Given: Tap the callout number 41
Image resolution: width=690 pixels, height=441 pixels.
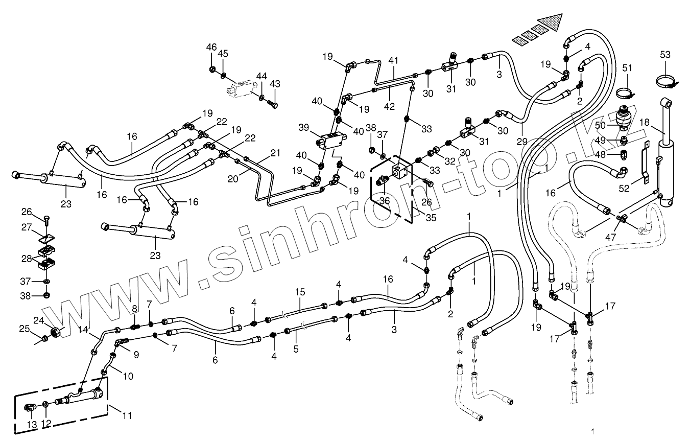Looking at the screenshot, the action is (393, 61).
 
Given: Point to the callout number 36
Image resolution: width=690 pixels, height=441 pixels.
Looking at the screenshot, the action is (384, 201).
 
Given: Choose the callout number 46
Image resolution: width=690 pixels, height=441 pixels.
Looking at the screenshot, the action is (211, 47).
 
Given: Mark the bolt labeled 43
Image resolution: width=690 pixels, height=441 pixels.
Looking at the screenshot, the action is (274, 105).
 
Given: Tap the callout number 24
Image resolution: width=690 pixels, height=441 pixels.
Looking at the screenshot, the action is (53, 321).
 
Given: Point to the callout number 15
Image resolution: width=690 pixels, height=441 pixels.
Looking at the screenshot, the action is (299, 292).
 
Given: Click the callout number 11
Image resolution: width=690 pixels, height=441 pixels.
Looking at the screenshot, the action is (126, 415).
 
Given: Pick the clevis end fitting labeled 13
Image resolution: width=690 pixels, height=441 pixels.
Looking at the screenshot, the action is (30, 408).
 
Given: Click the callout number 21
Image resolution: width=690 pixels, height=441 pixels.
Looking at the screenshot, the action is (275, 153).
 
